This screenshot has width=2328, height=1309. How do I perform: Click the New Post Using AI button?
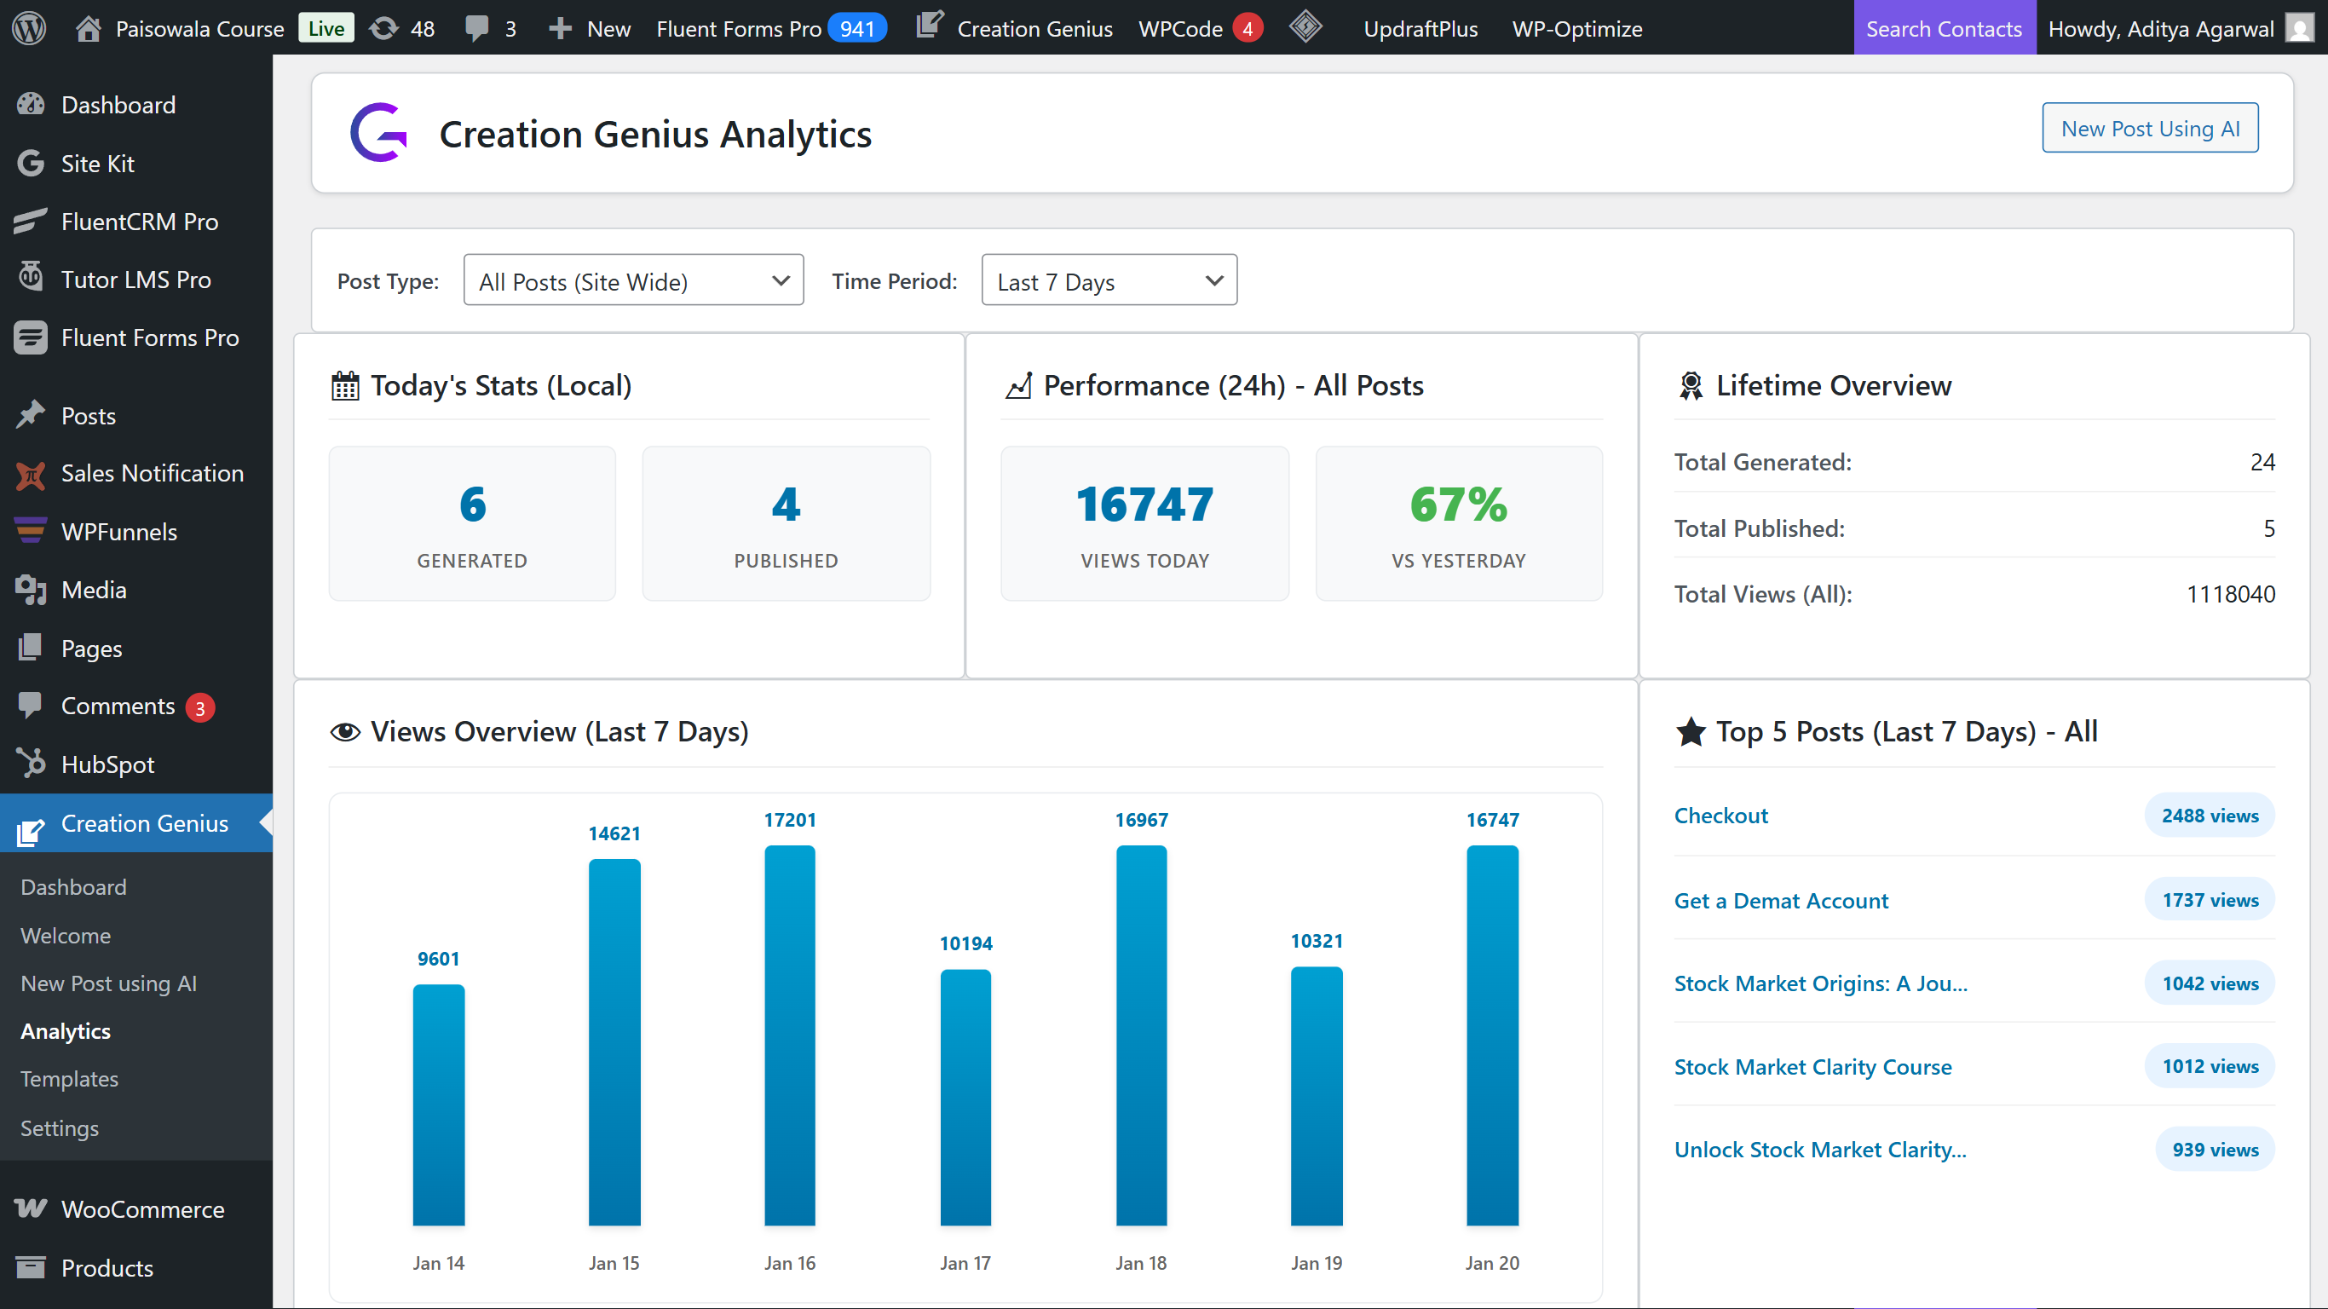(x=2149, y=129)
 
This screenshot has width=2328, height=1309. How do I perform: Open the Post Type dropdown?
(x=632, y=281)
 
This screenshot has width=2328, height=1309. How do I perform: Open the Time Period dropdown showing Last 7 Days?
(x=1108, y=281)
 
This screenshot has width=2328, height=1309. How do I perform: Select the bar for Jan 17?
(x=965, y=1098)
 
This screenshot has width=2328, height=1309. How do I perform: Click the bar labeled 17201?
(x=789, y=1035)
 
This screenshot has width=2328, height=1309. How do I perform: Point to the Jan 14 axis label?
(x=438, y=1263)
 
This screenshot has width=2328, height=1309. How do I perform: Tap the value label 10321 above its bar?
(x=1316, y=941)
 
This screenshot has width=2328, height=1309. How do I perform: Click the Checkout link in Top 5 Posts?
(x=1720, y=816)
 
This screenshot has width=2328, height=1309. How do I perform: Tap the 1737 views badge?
(x=2209, y=901)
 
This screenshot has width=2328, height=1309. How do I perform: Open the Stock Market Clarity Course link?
(x=1812, y=1067)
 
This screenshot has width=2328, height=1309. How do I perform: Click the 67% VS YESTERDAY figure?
(x=1458, y=505)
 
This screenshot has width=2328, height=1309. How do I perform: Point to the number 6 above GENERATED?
(x=472, y=505)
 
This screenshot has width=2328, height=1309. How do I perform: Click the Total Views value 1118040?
(x=2229, y=594)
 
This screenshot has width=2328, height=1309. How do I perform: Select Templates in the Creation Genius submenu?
(x=70, y=1080)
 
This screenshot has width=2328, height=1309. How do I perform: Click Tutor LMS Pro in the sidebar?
(x=135, y=280)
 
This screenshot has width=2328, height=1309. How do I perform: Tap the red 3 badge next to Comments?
(x=199, y=708)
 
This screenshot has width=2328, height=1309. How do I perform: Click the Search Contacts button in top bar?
(x=1943, y=28)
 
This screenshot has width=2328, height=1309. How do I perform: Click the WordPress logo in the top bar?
(x=29, y=28)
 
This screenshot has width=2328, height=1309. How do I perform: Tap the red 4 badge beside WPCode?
(x=1248, y=28)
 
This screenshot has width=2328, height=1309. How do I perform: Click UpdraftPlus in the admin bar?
(x=1420, y=28)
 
